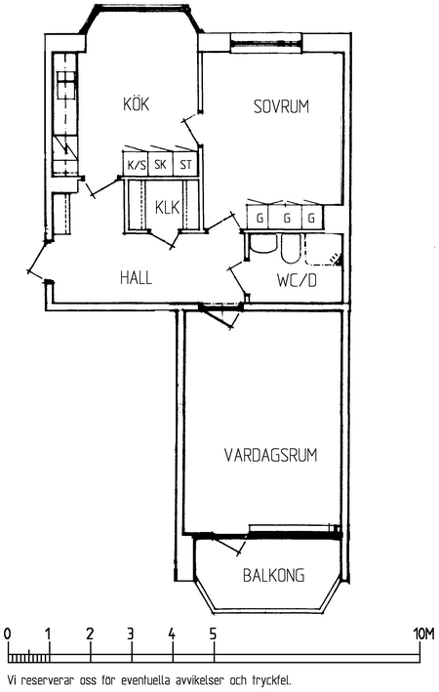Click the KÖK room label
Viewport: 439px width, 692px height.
(x=136, y=103)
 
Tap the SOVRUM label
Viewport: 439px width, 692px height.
(x=281, y=106)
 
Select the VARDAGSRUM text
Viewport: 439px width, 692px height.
(x=270, y=455)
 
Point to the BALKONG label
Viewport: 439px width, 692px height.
(x=273, y=575)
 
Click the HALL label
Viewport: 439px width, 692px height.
(x=136, y=277)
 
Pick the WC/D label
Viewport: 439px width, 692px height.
(x=297, y=280)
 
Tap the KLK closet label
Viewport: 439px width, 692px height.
(x=167, y=207)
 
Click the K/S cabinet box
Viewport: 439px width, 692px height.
(x=136, y=164)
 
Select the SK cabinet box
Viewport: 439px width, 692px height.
(x=161, y=164)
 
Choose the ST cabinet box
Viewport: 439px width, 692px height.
(x=185, y=164)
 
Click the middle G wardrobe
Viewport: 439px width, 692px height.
(x=287, y=217)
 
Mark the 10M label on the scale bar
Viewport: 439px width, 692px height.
(x=423, y=634)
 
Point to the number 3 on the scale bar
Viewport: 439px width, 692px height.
(x=131, y=634)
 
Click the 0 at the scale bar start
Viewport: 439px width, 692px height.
(x=7, y=634)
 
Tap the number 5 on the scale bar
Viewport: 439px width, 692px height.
(x=214, y=634)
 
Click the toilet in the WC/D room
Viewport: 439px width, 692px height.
(x=291, y=249)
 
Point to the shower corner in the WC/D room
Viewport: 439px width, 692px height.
(x=324, y=249)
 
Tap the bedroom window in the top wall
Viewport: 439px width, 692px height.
(x=266, y=43)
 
